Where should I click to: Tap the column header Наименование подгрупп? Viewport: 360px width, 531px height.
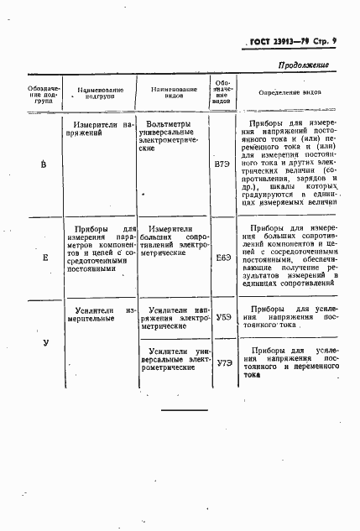pyautogui.click(x=100, y=92)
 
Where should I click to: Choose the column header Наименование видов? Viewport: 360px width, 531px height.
pyautogui.click(x=174, y=92)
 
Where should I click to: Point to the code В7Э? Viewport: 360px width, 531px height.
pyautogui.click(x=222, y=163)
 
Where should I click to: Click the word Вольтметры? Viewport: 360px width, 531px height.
pyautogui.click(x=169, y=124)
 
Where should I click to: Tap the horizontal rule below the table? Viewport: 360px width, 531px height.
pyautogui.click(x=184, y=409)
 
